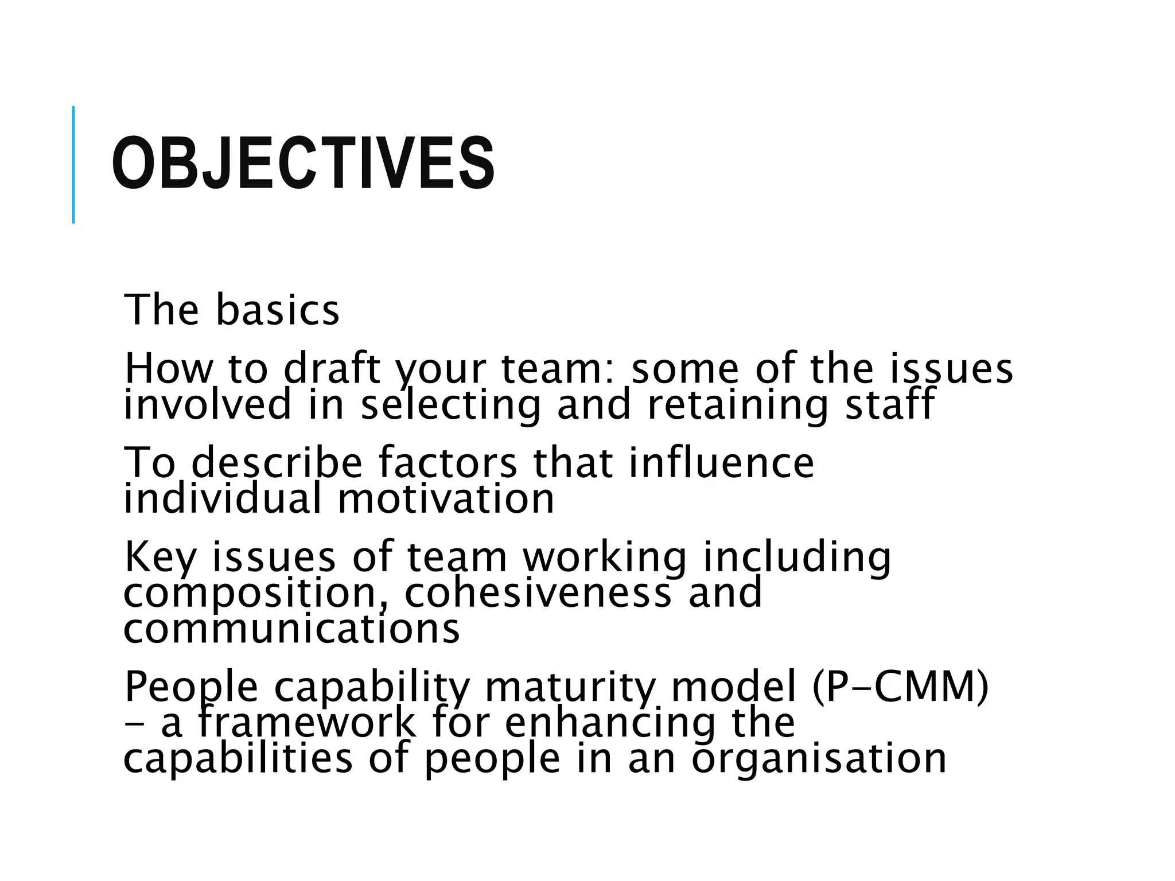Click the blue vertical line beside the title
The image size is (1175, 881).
click(73, 165)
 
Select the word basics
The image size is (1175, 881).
click(278, 310)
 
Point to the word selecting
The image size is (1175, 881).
click(451, 405)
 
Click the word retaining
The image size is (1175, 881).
click(738, 405)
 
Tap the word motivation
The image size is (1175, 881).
click(446, 499)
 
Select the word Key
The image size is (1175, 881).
click(160, 558)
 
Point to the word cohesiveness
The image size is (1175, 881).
click(538, 593)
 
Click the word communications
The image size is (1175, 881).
click(291, 629)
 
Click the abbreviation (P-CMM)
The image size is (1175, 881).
click(901, 687)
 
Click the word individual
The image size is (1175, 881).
click(223, 498)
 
